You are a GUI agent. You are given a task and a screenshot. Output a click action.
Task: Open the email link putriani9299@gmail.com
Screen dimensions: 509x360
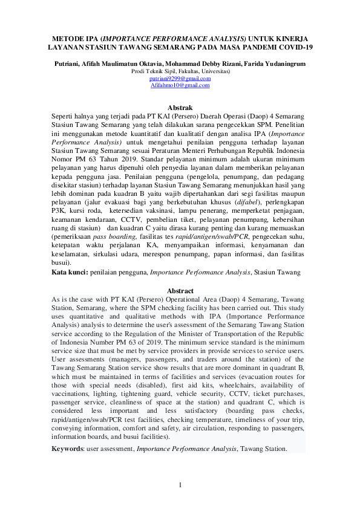180,78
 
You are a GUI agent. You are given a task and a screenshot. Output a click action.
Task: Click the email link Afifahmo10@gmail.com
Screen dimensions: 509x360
180,85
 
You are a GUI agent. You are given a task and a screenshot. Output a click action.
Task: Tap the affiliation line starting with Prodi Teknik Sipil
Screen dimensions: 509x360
180,71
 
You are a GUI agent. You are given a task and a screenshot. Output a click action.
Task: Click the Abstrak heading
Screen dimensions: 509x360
180,107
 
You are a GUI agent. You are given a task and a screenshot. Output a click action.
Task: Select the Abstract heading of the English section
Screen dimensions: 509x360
180,291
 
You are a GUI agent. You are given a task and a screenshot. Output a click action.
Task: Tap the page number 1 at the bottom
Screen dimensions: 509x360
180,486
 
